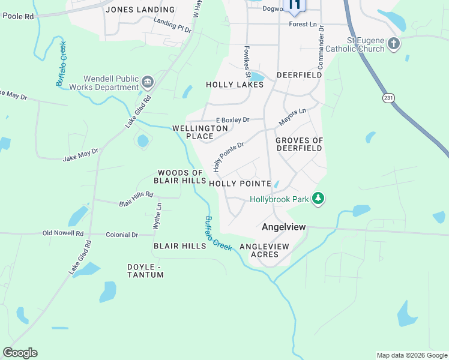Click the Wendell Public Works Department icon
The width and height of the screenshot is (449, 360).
[147, 81]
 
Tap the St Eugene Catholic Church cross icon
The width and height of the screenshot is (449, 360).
[394, 43]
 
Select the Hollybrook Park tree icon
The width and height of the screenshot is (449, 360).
[318, 199]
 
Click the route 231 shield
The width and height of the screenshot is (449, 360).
[390, 97]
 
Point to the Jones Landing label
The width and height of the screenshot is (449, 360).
[140, 10]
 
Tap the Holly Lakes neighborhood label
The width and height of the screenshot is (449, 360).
[235, 85]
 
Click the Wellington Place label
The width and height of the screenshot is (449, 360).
[200, 132]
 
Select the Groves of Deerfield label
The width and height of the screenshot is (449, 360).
[299, 144]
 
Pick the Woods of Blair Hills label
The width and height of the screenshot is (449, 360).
[181, 176]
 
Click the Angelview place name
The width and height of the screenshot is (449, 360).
[284, 227]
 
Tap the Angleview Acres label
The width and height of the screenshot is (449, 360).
[264, 250]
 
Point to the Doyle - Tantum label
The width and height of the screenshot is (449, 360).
[145, 271]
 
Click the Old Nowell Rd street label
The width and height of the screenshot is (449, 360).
[62, 233]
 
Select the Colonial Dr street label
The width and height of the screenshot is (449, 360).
[122, 235]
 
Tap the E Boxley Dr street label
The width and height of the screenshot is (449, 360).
[232, 120]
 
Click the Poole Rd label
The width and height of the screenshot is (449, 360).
[18, 16]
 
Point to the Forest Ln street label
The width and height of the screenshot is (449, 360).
[302, 25]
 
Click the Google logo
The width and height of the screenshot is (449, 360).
[20, 353]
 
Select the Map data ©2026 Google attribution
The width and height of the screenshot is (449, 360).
[411, 355]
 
